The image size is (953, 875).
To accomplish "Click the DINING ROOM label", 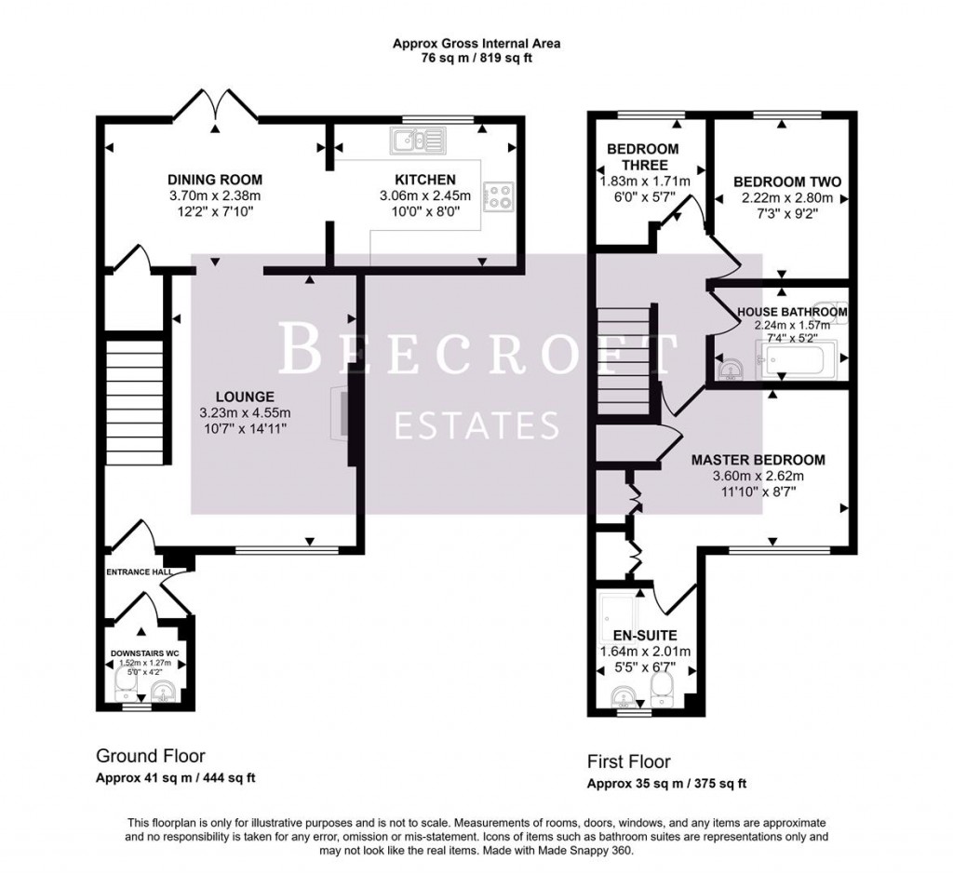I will (x=215, y=180).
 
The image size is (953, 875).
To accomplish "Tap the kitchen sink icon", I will (x=421, y=141).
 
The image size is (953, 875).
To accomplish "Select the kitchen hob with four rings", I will (x=500, y=196).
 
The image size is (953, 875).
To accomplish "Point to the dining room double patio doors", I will (x=217, y=104).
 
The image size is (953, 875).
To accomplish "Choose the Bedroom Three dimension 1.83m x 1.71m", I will (x=643, y=182).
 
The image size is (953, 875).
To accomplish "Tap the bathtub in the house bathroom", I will (x=798, y=359).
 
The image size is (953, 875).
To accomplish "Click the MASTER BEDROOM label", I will (x=758, y=460).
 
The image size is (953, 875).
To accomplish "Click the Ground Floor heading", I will (x=151, y=756).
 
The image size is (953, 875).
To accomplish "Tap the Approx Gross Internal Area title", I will (x=476, y=43).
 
